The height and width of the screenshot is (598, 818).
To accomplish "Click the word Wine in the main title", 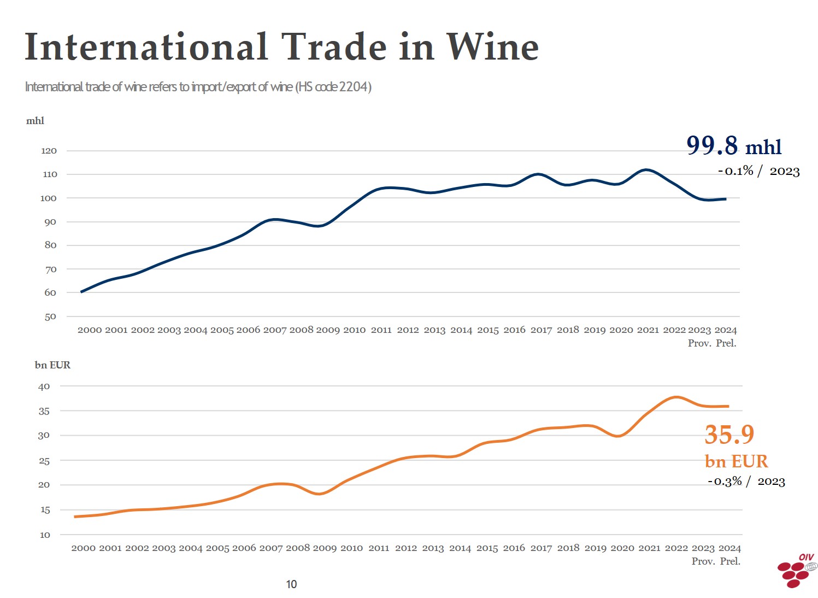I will pyautogui.click(x=492, y=47).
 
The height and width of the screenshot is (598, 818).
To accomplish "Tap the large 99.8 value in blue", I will pyautogui.click(x=711, y=145).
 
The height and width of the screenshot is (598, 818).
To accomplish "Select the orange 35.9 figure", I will pyautogui.click(x=729, y=435).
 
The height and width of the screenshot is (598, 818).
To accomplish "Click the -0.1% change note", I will pyautogui.click(x=735, y=171).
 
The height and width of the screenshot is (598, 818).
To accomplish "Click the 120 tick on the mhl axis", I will pyautogui.click(x=49, y=151).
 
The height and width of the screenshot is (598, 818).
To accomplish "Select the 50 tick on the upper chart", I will pyautogui.click(x=50, y=316).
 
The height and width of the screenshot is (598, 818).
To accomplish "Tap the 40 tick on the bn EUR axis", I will pyautogui.click(x=44, y=386).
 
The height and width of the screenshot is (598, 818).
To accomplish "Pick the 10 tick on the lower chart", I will pyautogui.click(x=45, y=535).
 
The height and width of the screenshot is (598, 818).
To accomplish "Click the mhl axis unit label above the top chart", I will pyautogui.click(x=35, y=121).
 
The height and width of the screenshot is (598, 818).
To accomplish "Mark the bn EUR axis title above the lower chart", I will pyautogui.click(x=52, y=365).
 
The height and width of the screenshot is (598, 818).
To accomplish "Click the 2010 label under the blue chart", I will pyautogui.click(x=354, y=330).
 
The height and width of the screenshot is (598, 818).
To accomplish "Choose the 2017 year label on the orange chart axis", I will pyautogui.click(x=541, y=548).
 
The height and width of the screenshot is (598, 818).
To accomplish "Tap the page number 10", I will pyautogui.click(x=291, y=584).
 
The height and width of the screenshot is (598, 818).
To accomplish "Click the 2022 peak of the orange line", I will pyautogui.click(x=676, y=397).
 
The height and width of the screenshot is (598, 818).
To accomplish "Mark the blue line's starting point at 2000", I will pyautogui.click(x=81, y=292).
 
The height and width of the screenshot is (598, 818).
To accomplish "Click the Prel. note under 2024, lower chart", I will pyautogui.click(x=730, y=561).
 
